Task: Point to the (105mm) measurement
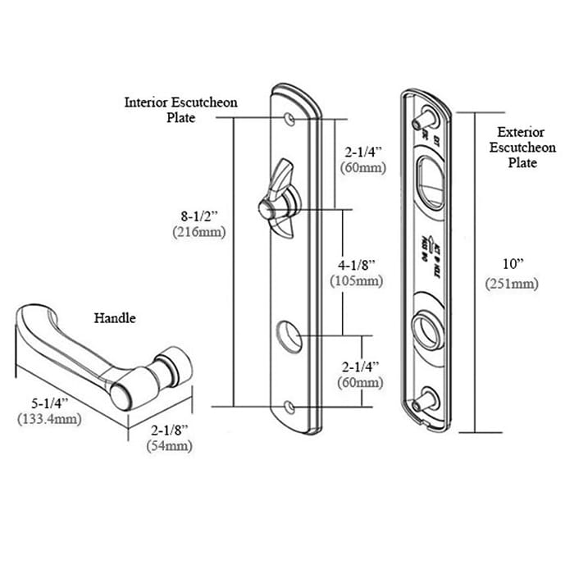359,280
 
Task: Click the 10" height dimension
515,264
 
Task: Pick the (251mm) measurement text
515,284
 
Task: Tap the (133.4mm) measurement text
51,419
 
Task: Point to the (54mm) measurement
169,446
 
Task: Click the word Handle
115,317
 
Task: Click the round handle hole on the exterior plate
427,326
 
